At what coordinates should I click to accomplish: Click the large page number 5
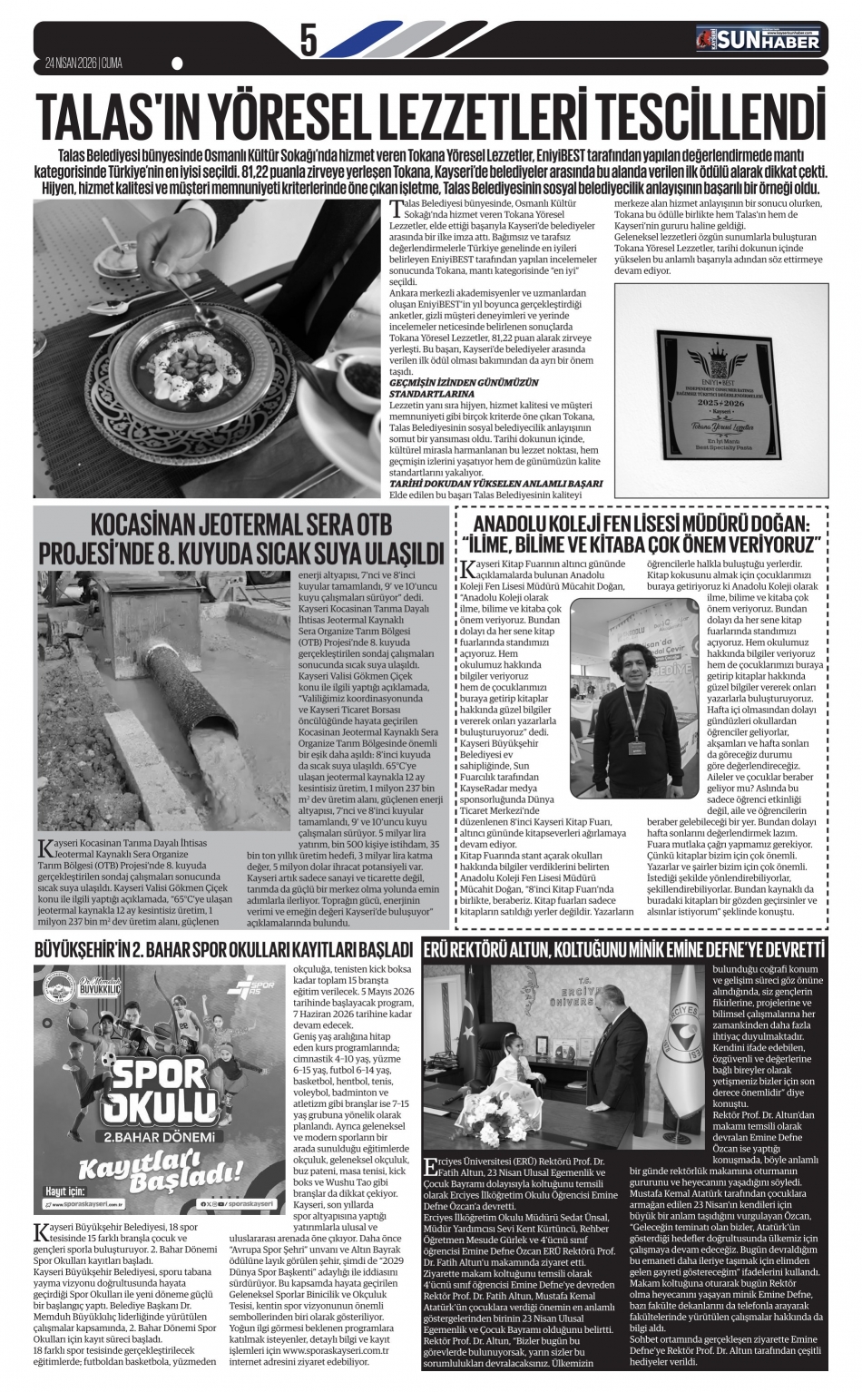(309, 41)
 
